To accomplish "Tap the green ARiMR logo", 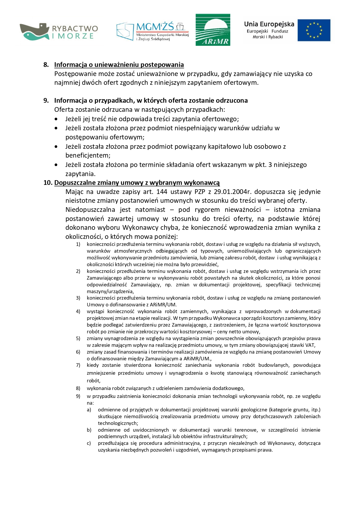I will click(x=213, y=30).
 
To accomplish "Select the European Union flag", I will click(x=314, y=30).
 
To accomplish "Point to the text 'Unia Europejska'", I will click(x=269, y=24).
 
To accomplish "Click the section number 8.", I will click(x=46, y=65).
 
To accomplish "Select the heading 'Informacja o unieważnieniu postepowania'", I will click(x=119, y=65).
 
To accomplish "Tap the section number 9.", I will click(x=46, y=100).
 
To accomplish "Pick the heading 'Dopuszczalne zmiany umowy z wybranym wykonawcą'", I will click(x=137, y=183).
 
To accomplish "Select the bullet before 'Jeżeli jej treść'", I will click(x=56, y=119).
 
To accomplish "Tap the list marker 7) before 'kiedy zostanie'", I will click(x=78, y=365).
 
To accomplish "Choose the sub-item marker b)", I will click(x=89, y=430).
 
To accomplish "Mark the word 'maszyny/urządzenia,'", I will click(x=110, y=291).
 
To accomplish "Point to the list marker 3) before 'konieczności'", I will click(x=78, y=298).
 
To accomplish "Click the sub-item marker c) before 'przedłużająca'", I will click(x=89, y=443).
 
